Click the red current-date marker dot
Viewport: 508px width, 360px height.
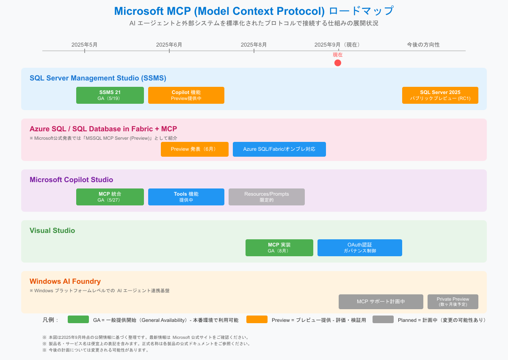point(337,63)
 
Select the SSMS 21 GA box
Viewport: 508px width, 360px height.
point(110,95)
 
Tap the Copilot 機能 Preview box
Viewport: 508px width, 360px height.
point(186,95)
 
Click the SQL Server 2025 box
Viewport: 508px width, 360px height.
point(440,95)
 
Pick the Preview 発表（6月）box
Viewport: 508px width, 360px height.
point(195,149)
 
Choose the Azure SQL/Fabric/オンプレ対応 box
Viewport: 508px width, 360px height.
point(279,149)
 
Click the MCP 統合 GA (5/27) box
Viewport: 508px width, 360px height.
point(110,197)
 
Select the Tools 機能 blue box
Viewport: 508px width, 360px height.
point(186,197)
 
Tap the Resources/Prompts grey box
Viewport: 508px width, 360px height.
point(267,197)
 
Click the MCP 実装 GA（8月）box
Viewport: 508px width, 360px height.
point(279,248)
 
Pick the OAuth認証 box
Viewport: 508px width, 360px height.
point(360,248)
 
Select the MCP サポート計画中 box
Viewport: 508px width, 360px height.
point(381,302)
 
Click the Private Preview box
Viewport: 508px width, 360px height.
point(453,302)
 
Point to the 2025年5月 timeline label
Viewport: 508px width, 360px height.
point(84,44)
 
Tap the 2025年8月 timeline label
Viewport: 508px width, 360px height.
point(254,44)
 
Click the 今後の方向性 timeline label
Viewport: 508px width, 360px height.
point(423,44)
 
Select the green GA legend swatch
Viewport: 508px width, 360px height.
point(78,319)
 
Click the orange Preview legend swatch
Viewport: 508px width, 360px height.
point(257,319)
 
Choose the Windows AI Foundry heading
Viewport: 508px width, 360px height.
point(65,281)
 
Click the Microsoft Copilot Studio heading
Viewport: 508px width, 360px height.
point(71,180)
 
